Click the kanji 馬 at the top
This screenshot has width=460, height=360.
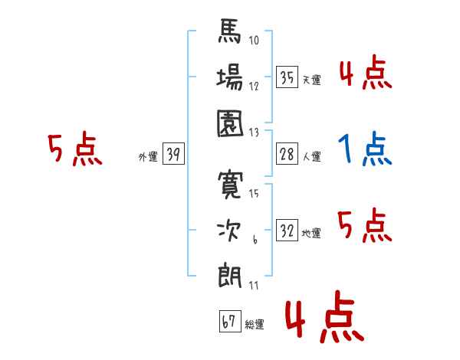click(229, 31)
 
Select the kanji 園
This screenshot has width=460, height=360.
click(230, 123)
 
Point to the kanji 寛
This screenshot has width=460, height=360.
click(230, 185)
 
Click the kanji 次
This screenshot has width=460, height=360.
click(229, 231)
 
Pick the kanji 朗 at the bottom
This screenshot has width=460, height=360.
click(230, 276)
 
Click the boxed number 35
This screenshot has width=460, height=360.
click(287, 77)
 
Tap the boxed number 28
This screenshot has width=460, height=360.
click(287, 154)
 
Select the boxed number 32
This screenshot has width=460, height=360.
click(287, 230)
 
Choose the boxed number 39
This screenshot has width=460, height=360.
click(173, 154)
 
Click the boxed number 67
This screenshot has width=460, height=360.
click(230, 321)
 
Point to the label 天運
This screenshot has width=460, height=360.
click(312, 80)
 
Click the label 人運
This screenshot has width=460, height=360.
click(312, 156)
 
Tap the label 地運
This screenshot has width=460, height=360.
click(311, 233)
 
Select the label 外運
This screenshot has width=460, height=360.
click(148, 156)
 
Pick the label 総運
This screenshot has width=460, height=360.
click(255, 324)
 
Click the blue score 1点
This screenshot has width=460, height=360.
click(365, 149)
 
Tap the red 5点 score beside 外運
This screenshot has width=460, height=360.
click(75, 149)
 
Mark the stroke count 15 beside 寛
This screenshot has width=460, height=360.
click(254, 194)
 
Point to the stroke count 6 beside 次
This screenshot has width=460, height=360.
click(255, 240)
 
